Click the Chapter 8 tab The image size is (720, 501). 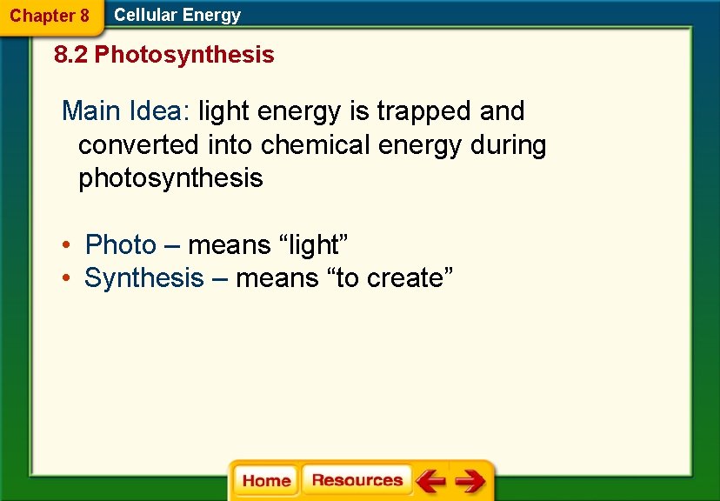tap(49, 16)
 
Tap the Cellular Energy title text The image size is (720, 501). tap(177, 15)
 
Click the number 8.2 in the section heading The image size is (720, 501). tap(71, 56)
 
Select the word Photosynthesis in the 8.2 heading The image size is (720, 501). tap(184, 56)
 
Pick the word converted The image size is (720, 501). tap(139, 144)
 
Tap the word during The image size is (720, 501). tap(508, 144)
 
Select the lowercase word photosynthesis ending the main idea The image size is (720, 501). tap(170, 178)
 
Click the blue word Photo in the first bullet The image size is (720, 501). tap(121, 245)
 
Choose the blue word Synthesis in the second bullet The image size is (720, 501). tap(143, 278)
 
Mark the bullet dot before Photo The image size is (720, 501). tap(66, 245)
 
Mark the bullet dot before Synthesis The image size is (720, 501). tap(66, 278)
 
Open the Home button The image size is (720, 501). tap(266, 481)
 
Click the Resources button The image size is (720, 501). tap(357, 480)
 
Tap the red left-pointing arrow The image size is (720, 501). tap(430, 481)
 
